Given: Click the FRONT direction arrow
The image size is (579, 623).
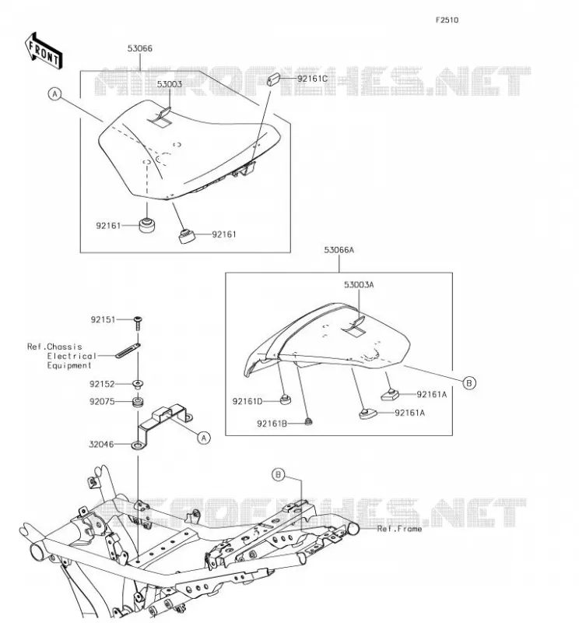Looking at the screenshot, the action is click(44, 51).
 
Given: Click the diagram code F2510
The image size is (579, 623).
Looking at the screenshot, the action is click(447, 20).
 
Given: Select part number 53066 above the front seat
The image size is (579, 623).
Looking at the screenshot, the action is click(140, 48).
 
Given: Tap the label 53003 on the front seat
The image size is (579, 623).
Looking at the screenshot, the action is click(169, 84).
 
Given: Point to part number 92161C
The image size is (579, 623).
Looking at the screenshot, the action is click(313, 79).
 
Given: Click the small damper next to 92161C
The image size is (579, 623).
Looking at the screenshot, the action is click(273, 79).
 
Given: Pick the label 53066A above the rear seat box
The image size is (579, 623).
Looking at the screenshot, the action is click(339, 250).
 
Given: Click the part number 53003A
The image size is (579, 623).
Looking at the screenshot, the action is click(359, 284).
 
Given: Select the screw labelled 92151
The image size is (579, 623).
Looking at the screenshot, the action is click(139, 323).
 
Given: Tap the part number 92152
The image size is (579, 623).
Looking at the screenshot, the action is click(102, 384).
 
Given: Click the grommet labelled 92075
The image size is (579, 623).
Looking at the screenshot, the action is click(138, 401).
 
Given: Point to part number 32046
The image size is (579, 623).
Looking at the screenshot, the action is click(101, 444).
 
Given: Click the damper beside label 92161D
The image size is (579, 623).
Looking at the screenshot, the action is click(286, 399).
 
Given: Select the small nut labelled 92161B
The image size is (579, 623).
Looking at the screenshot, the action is click(307, 421).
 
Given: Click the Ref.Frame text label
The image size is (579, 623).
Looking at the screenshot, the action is click(399, 529).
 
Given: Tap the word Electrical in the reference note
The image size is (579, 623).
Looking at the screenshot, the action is click(72, 356).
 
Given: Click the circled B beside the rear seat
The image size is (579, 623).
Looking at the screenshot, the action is click(469, 383).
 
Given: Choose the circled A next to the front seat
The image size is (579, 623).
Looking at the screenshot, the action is click(54, 94).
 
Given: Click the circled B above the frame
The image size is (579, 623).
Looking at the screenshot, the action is click(279, 474).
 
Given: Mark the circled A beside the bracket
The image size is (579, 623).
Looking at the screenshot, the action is click(204, 438).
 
